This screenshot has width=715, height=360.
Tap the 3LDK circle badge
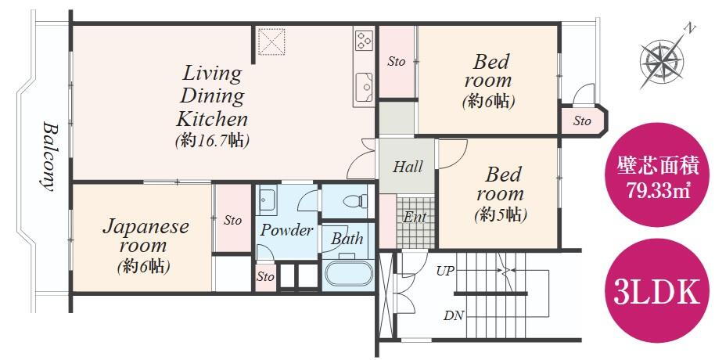(x=656, y=293)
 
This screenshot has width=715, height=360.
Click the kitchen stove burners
(x=363, y=40)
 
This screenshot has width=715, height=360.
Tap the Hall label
(x=408, y=167)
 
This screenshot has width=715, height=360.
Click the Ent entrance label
(x=415, y=218)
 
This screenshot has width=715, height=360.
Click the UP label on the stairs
(x=445, y=271)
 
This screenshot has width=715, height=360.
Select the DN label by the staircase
(x=453, y=315)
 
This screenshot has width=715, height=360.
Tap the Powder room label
(x=287, y=230)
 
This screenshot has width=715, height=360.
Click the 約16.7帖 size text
(x=213, y=141)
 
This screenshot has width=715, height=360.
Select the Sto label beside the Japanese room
(x=232, y=221)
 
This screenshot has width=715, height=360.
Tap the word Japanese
(x=146, y=227)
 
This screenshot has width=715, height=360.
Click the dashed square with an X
(x=271, y=41)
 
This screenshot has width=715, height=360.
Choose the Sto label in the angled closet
(x=582, y=121)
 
